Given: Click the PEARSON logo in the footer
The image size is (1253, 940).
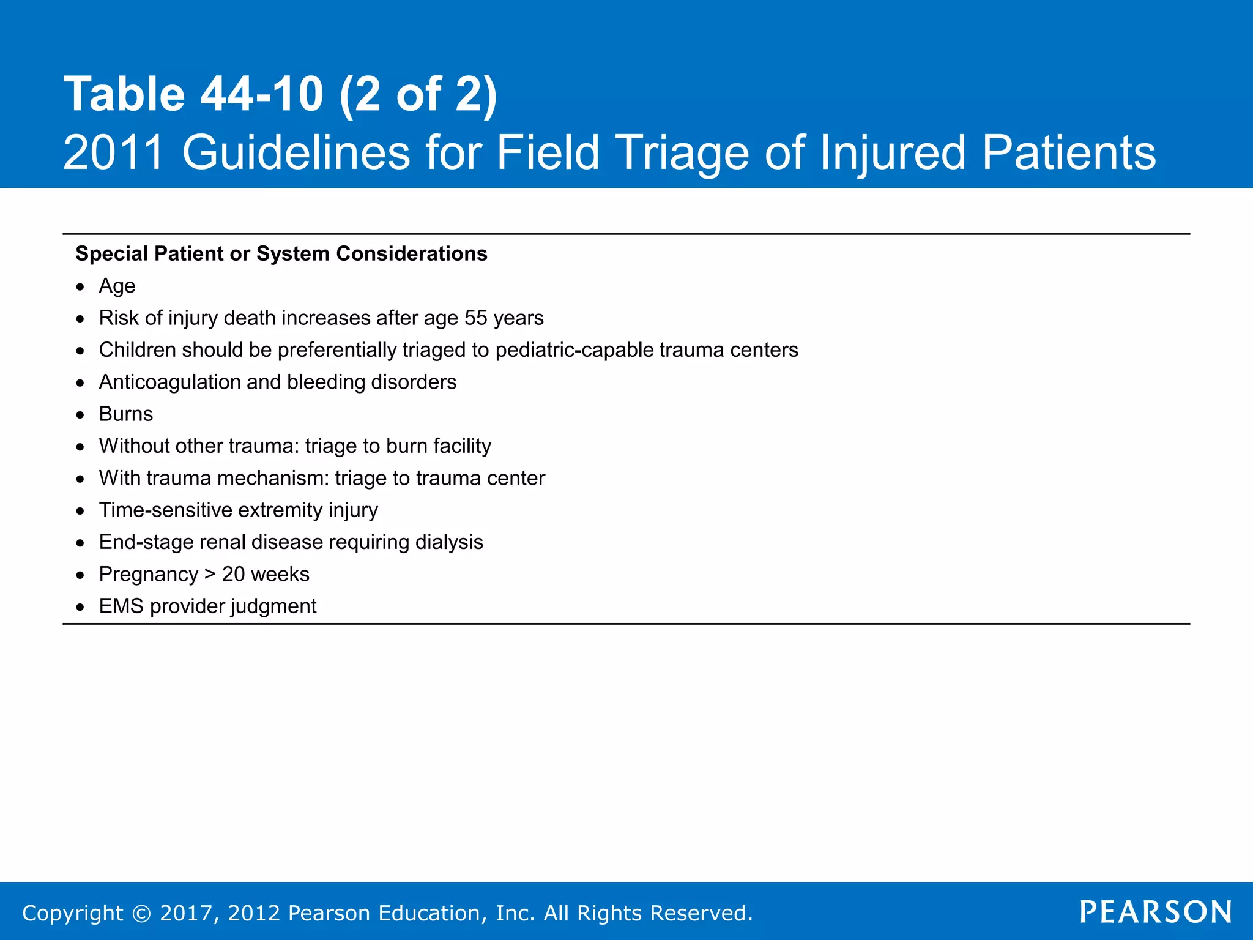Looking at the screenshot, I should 1156,912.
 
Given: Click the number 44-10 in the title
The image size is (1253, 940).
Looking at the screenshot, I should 262,94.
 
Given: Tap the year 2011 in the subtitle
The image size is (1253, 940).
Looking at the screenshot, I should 114,152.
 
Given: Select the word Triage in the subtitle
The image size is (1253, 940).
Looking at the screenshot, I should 682,152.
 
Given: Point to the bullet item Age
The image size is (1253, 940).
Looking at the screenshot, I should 117,286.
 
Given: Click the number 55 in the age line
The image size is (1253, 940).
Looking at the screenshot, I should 475,318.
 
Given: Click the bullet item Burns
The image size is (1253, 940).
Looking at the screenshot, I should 125,414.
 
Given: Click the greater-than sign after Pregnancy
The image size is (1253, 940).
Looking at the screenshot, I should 210,574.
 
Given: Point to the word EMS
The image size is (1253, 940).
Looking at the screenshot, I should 121,606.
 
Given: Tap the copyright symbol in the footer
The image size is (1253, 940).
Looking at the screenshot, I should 141,913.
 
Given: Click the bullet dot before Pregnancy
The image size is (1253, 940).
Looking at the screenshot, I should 80,575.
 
